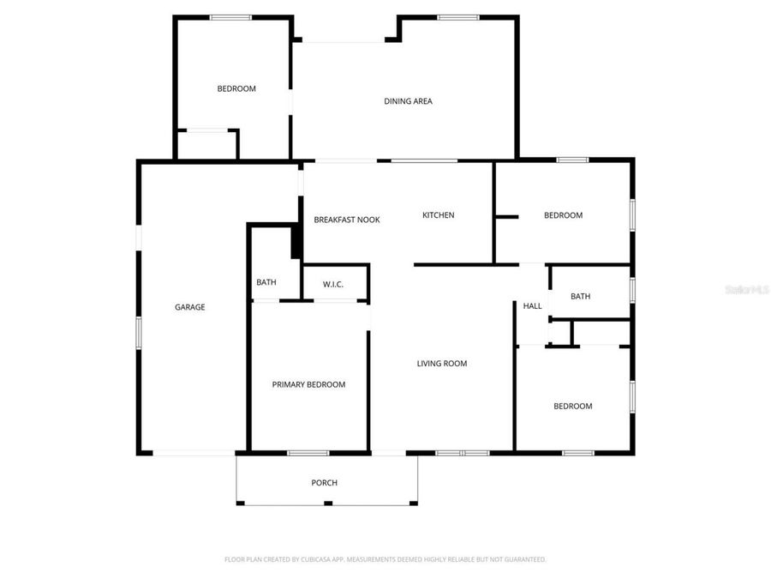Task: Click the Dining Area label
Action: pos(408,101)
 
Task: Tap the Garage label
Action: pos(190,307)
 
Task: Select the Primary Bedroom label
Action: pos(308,384)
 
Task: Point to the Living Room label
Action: pos(442,364)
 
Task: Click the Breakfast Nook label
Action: pos(347,220)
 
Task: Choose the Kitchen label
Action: pos(439,215)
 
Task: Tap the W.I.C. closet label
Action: pos(333,284)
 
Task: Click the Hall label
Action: pos(533,306)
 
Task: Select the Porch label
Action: pos(324,483)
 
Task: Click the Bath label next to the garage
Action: pos(266,282)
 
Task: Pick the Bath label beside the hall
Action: pos(581,297)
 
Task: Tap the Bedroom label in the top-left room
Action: pos(236,88)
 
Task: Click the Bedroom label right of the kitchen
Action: pos(564,215)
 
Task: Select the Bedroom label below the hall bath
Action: pos(572,407)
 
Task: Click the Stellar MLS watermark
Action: pos(747,290)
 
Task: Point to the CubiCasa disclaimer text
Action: pos(385,559)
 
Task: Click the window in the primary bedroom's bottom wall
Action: pos(308,452)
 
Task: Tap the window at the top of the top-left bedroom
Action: pos(231,17)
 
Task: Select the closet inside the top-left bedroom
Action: pos(206,144)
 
